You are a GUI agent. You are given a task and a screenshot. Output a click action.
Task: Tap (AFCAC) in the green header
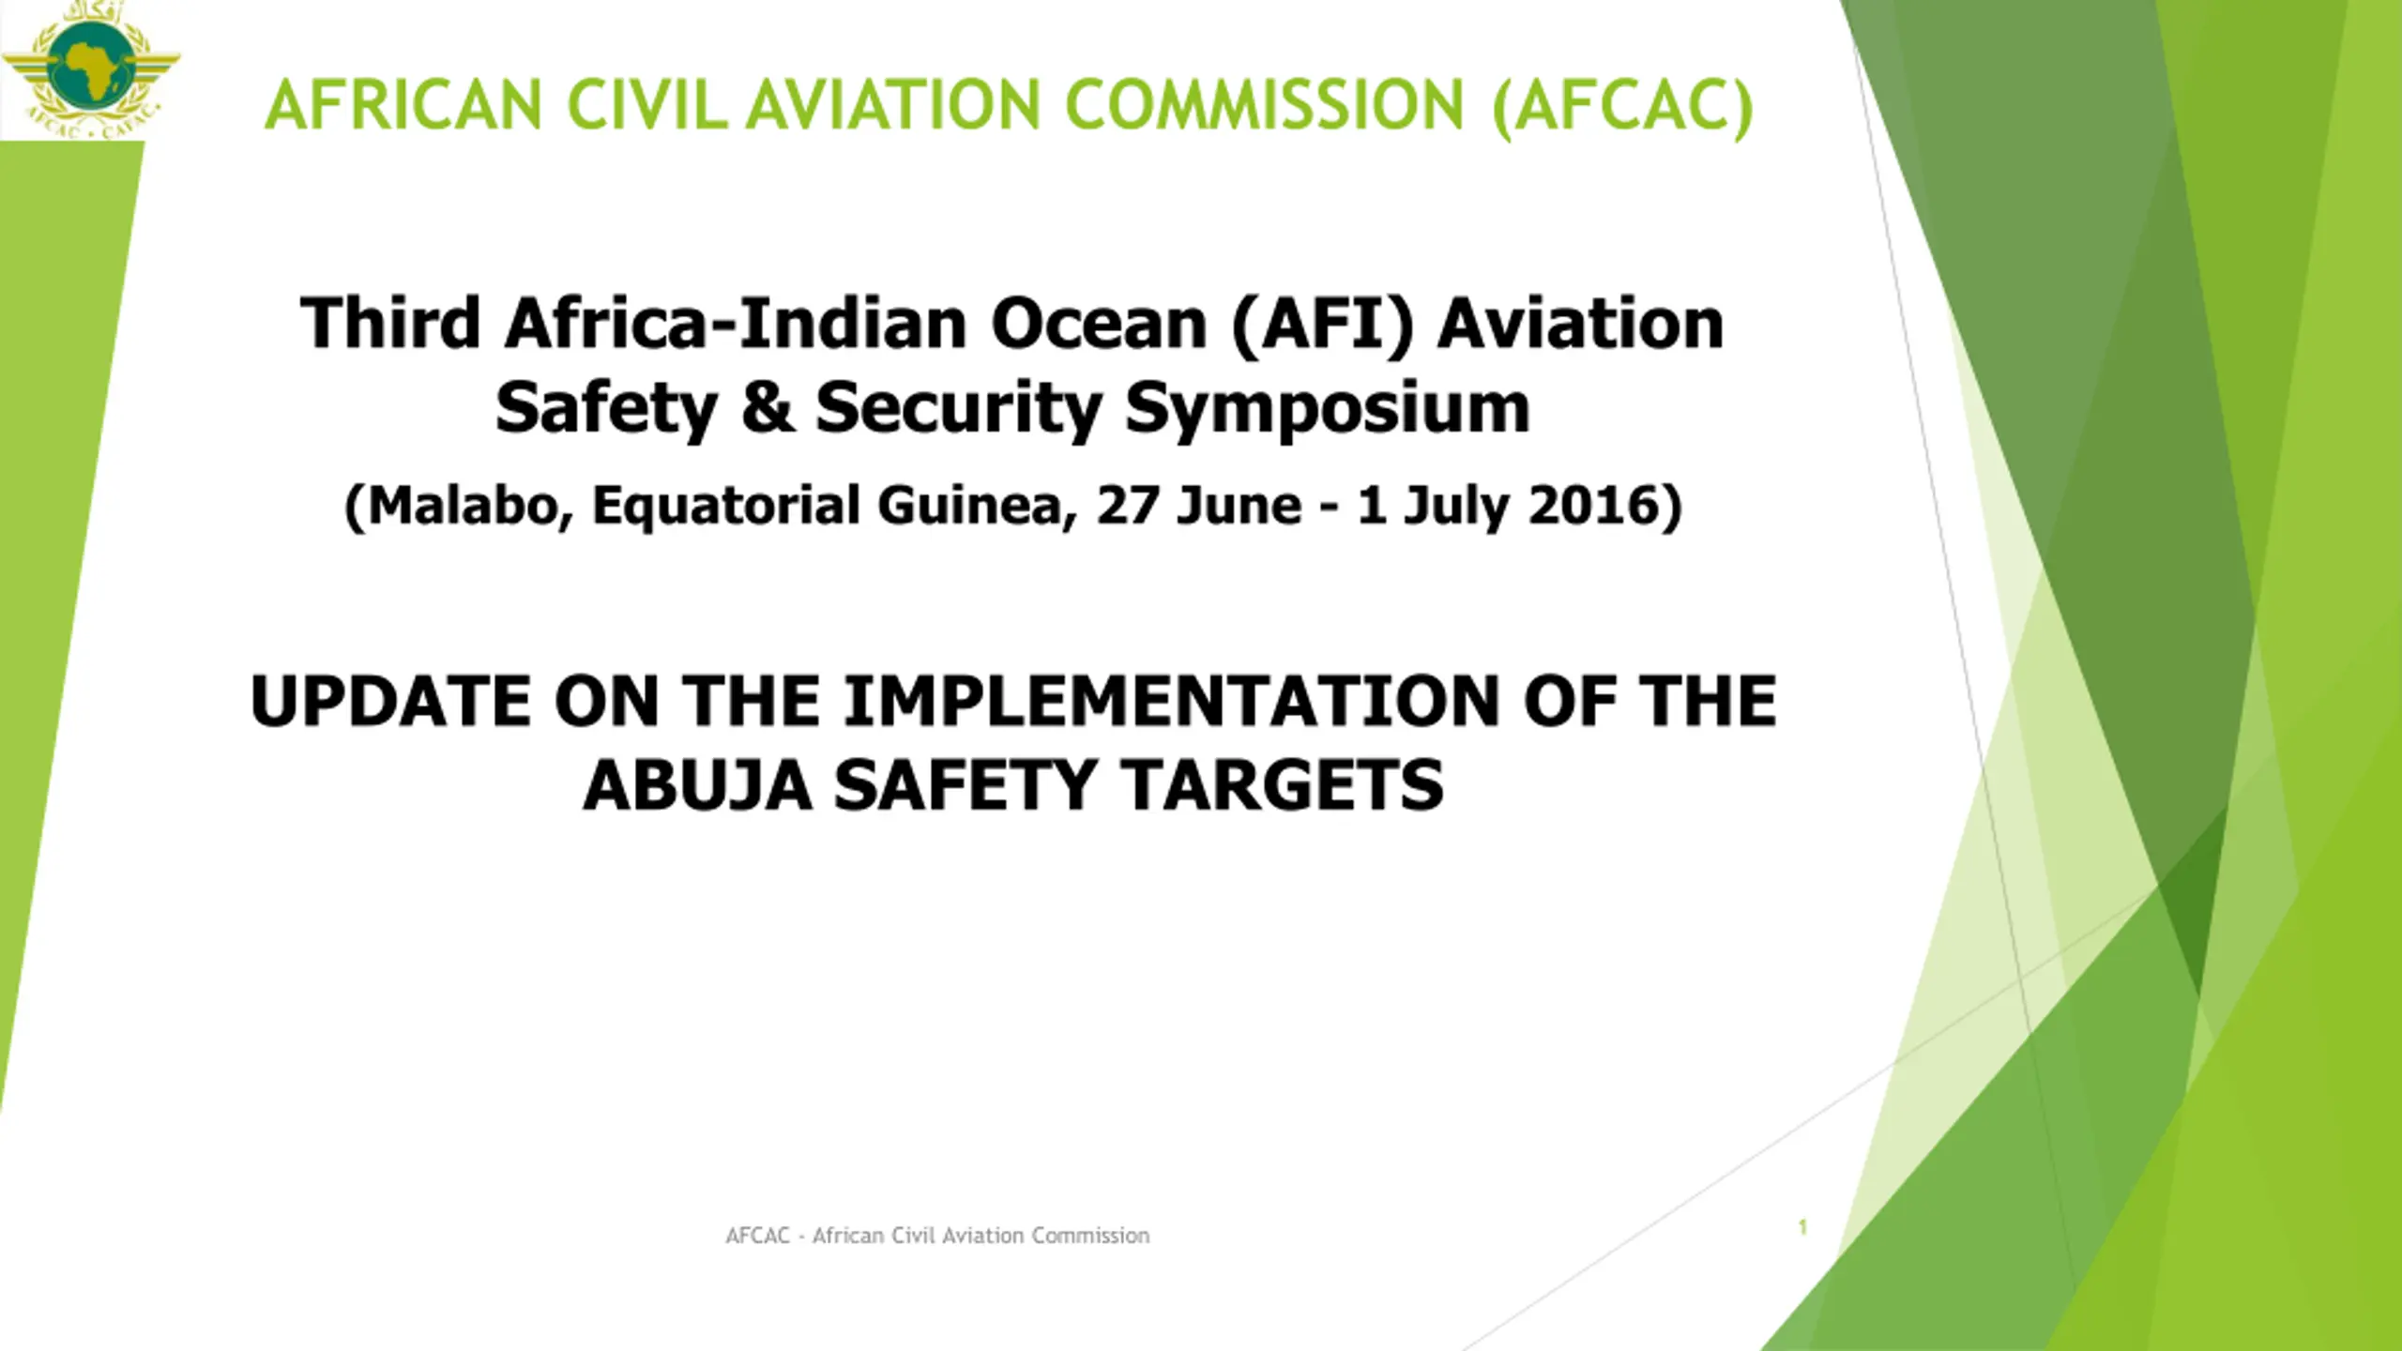tap(1622, 107)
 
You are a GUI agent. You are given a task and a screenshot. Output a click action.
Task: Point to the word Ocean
tap(1099, 324)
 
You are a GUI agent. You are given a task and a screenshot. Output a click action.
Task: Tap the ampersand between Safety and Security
tap(768, 408)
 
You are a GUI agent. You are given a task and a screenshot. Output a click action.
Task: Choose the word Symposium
tap(1328, 411)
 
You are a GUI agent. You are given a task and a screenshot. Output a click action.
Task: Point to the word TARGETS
tap(1283, 785)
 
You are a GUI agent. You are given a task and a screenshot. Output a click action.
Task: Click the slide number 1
tap(1802, 1227)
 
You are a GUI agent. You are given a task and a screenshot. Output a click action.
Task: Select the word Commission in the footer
tap(1091, 1236)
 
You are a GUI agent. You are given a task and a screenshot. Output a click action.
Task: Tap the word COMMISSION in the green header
tap(1265, 104)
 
